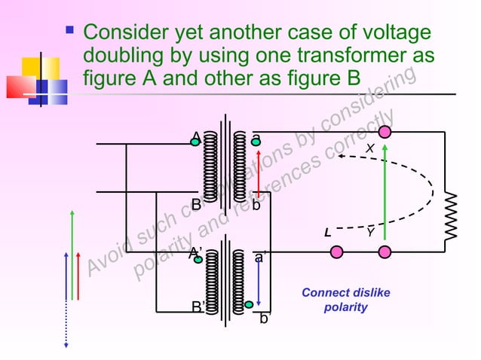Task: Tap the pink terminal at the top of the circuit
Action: (385, 133)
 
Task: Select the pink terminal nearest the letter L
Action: (337, 251)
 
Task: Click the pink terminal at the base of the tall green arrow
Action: (385, 251)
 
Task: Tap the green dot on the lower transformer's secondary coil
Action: (248, 305)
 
